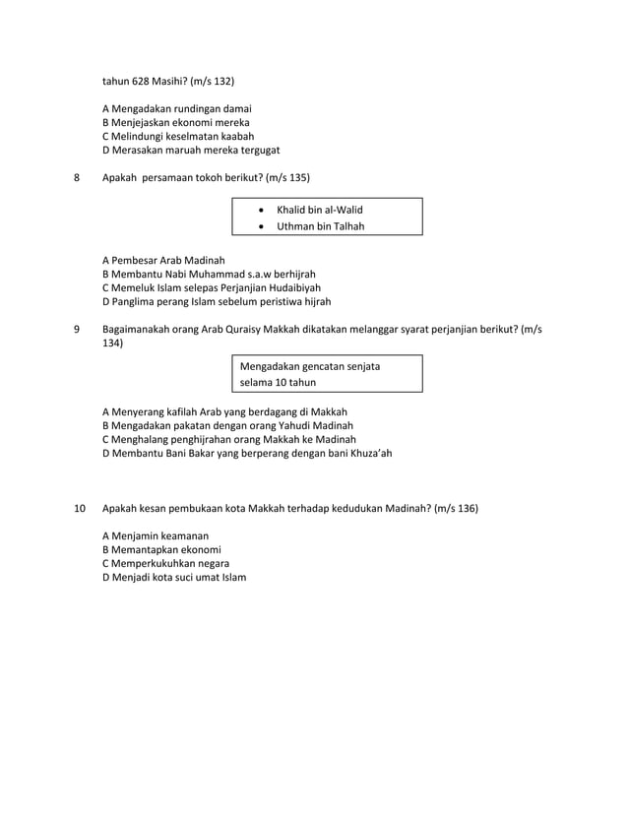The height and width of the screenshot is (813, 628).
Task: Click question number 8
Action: (79, 177)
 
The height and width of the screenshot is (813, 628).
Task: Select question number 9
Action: (79, 329)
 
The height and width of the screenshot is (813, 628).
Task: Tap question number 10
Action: (81, 509)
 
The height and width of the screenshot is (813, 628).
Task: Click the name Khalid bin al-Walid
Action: (320, 210)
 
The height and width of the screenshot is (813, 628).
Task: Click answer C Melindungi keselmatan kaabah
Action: (179, 136)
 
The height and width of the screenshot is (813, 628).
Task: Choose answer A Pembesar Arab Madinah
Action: (164, 259)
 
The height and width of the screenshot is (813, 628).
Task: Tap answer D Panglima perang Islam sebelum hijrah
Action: (217, 302)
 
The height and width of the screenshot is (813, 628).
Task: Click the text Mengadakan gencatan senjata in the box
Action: (310, 366)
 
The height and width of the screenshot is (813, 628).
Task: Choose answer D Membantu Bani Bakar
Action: (247, 454)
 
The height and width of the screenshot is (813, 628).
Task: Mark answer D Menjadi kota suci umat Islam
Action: (175, 577)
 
